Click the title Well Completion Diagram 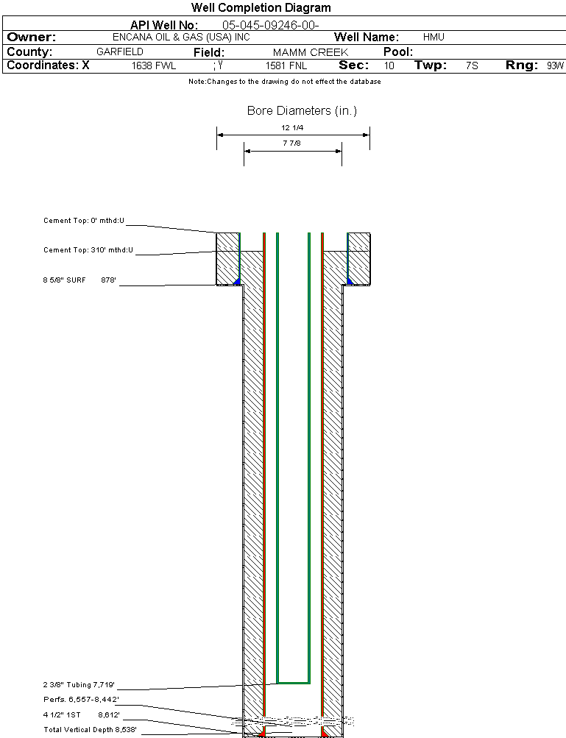coord(261,8)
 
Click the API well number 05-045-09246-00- coord(270,25)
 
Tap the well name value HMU coord(434,37)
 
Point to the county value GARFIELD coord(120,52)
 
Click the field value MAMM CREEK coord(311,52)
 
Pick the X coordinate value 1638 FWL coord(154,65)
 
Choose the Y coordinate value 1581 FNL coord(286,65)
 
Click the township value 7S coord(472,65)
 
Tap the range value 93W coord(555,65)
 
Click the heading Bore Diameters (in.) coord(302,111)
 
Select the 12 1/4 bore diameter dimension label coord(292,127)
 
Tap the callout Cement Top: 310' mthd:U coord(88,250)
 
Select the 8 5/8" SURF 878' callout coord(80,280)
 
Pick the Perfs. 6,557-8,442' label coord(81,699)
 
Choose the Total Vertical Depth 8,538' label coord(91,729)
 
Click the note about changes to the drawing coord(284,82)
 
